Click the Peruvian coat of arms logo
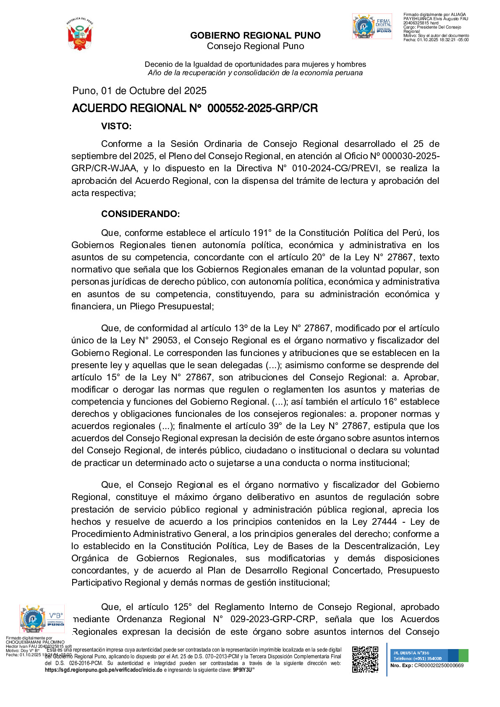point(79,34)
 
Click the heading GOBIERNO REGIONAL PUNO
point(255,36)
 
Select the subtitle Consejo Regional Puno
point(255,46)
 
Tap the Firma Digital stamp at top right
point(372,26)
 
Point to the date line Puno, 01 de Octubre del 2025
point(139,91)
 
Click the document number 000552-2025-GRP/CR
point(262,108)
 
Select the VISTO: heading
point(116,126)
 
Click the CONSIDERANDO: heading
point(140,214)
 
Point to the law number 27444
point(384,522)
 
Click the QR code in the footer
point(365,660)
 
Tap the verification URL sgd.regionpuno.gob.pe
point(103,670)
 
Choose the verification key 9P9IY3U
point(242,670)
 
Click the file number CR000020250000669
point(439,665)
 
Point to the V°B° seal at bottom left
point(42,619)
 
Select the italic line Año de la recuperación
point(255,73)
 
